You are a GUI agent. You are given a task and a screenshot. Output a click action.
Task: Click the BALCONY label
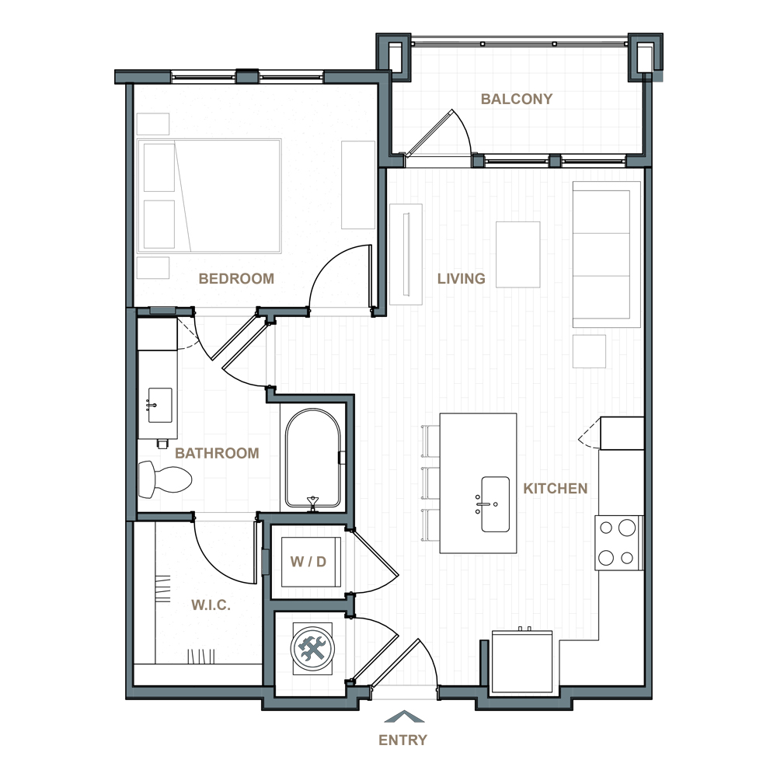(x=517, y=99)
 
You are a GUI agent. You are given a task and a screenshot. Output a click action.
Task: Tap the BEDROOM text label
(x=236, y=278)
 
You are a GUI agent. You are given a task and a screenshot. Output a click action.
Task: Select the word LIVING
(x=462, y=278)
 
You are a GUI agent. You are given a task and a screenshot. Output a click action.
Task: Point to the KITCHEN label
(x=556, y=489)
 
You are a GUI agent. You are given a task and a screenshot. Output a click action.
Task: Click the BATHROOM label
(x=217, y=453)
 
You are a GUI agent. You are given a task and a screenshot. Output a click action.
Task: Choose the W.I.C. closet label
(x=211, y=605)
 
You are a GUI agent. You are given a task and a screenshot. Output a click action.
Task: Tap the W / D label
(x=308, y=562)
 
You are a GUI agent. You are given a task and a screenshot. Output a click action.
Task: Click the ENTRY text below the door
(x=402, y=740)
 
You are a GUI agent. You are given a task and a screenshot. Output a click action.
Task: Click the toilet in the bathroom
(x=165, y=479)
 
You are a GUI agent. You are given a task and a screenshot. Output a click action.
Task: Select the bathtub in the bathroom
(x=313, y=458)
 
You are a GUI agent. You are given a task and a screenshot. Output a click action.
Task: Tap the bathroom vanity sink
(x=160, y=405)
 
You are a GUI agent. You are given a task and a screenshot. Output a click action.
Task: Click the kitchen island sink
(x=495, y=504)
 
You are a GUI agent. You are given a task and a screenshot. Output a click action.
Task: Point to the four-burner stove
(x=619, y=542)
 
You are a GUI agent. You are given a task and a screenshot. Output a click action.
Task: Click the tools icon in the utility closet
(x=312, y=648)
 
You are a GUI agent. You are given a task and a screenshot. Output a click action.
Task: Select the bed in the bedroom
(x=209, y=197)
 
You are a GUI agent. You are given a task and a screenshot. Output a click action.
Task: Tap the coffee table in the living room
(x=517, y=254)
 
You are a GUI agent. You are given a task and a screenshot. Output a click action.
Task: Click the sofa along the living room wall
(x=607, y=254)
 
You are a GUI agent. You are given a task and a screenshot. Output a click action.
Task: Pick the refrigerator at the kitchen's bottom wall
(x=522, y=661)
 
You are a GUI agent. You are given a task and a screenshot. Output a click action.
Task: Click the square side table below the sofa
(x=589, y=351)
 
